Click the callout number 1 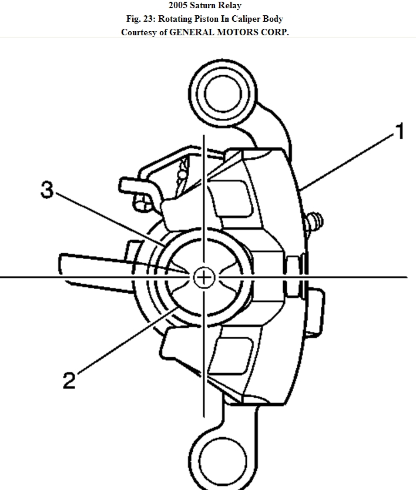399,131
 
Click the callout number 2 69,380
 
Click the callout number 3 48,190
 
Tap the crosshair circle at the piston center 203,277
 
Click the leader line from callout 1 347,162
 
